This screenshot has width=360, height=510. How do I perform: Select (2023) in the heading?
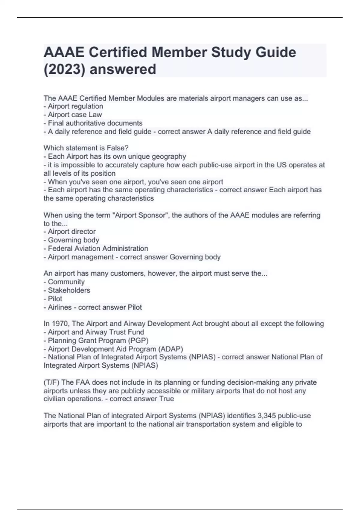click(64, 69)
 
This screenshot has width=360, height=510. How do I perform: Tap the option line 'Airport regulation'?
click(75, 106)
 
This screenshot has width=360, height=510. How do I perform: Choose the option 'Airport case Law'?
click(75, 115)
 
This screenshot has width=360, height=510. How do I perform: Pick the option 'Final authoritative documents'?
click(95, 123)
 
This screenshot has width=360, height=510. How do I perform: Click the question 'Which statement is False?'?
click(86, 148)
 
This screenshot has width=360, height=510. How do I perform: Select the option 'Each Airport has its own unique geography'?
click(117, 156)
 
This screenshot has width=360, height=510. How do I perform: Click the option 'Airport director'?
click(72, 232)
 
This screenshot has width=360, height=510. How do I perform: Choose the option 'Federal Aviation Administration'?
click(98, 248)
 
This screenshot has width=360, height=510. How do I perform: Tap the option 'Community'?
click(66, 282)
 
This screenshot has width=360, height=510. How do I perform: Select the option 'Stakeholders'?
click(69, 290)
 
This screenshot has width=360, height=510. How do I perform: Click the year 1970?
click(60, 324)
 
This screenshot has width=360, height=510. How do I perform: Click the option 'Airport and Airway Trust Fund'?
click(96, 332)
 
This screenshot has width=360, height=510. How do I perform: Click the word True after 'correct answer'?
click(166, 399)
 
